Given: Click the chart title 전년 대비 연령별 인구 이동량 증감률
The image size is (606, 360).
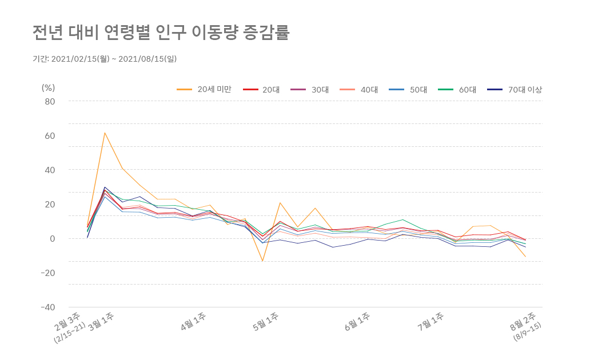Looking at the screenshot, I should click(x=161, y=33).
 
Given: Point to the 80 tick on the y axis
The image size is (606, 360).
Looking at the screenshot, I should click(x=50, y=102).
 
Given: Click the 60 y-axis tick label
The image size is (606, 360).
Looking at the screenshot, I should click(x=50, y=136).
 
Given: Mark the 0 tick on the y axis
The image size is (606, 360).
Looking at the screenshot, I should click(x=52, y=238).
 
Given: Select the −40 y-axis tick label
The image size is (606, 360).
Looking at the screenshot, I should click(x=47, y=307).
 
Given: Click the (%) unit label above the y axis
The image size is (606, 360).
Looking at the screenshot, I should click(x=48, y=87).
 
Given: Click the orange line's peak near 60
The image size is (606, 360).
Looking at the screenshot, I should click(x=105, y=133).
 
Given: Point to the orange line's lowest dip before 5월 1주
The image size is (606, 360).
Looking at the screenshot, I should click(x=262, y=261).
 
